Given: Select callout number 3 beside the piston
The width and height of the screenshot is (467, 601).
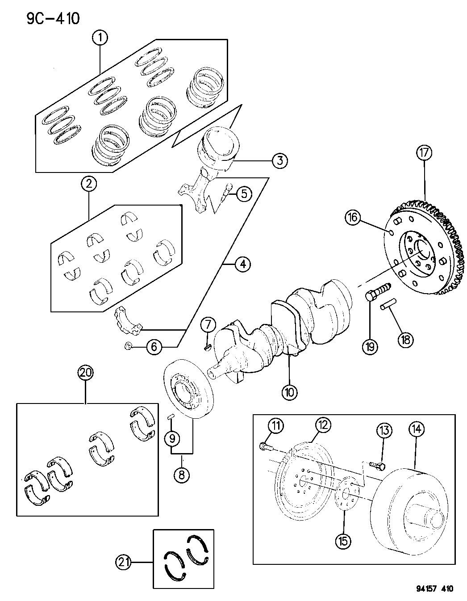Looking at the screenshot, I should [x=279, y=160].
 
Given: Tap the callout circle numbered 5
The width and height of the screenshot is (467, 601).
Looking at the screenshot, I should [x=244, y=193].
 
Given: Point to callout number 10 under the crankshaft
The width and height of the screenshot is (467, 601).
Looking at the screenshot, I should [x=289, y=392].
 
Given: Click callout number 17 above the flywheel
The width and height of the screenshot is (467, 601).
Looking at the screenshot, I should [x=424, y=153].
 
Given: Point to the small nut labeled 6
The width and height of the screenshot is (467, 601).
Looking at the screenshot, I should [x=128, y=345].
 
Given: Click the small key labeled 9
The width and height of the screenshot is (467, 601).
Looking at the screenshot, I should [x=170, y=417].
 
